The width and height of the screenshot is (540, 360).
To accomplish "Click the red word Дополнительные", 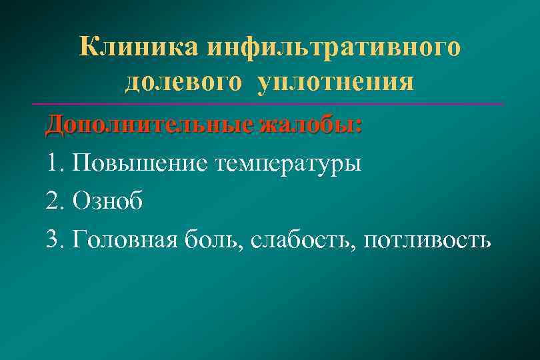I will (131, 125).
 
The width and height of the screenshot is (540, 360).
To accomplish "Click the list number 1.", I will (53, 163).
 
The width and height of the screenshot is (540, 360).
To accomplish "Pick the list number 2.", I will (53, 201).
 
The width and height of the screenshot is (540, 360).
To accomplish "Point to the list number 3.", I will (53, 239).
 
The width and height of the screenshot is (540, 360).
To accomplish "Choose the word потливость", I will (427, 239).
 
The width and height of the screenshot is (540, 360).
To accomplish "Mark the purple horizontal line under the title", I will (267, 104).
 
